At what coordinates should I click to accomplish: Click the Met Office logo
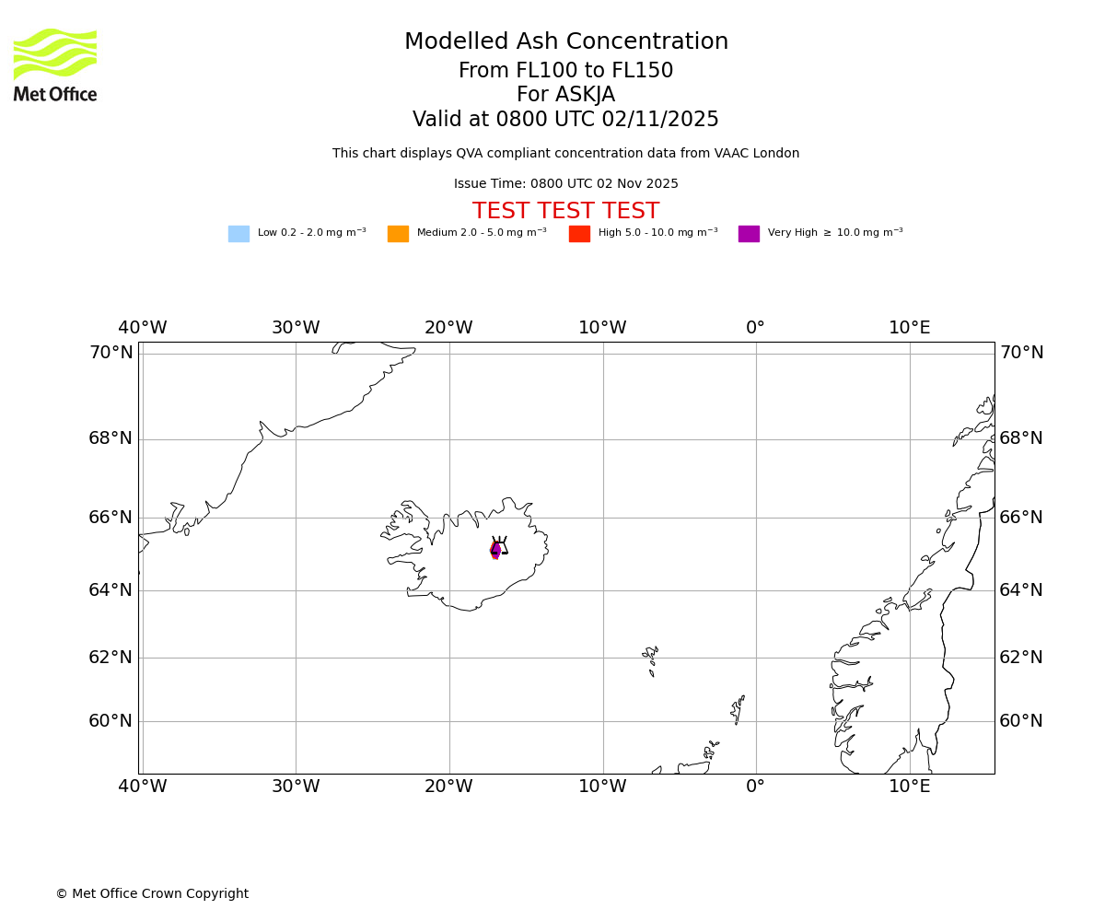coord(55,65)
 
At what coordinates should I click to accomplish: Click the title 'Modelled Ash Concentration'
coord(565,42)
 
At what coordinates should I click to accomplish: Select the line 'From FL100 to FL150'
coord(565,71)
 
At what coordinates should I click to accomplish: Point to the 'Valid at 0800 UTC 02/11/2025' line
coord(565,120)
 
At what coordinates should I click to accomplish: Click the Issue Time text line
coord(565,184)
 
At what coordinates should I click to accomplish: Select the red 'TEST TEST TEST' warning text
coord(565,212)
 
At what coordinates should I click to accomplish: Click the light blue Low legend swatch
coord(238,234)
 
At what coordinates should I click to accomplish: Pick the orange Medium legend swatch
coord(398,234)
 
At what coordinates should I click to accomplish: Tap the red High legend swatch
coord(579,234)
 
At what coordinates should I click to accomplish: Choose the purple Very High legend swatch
coord(749,234)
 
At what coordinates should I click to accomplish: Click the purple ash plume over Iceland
coord(495,550)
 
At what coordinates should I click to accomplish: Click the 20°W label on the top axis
coord(448,328)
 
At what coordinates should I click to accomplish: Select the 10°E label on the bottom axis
coord(909,787)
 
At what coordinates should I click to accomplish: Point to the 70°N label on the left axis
coord(110,353)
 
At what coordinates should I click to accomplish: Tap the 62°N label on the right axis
coord(1021,658)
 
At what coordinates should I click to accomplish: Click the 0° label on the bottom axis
coord(755,787)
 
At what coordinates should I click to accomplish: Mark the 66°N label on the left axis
coord(110,518)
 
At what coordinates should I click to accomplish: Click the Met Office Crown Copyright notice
coord(152,894)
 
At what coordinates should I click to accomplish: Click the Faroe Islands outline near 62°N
coord(651,659)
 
